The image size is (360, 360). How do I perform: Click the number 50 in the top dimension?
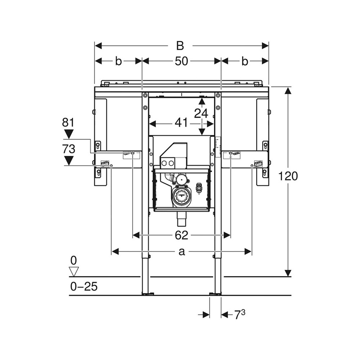(181, 61)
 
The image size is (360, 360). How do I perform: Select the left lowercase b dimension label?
(119, 61)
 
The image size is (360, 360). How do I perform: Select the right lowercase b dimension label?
(244, 61)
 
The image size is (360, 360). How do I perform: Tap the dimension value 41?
(181, 123)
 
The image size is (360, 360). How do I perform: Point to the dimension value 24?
(202, 113)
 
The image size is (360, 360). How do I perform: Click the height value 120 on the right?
(288, 176)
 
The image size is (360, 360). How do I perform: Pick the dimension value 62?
(181, 235)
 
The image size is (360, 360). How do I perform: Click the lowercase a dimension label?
(181, 252)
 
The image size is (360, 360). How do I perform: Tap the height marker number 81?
(68, 123)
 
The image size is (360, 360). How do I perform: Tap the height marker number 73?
(68, 149)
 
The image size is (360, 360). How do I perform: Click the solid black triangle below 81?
(68, 135)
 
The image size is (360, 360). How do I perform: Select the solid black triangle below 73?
(68, 161)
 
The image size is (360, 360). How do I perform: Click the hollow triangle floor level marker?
(74, 271)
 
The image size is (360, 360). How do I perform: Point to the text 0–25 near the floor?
(83, 287)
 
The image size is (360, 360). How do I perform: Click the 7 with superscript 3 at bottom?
(240, 314)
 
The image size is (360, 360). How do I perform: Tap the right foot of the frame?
(217, 293)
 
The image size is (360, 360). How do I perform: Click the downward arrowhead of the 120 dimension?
(288, 273)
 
